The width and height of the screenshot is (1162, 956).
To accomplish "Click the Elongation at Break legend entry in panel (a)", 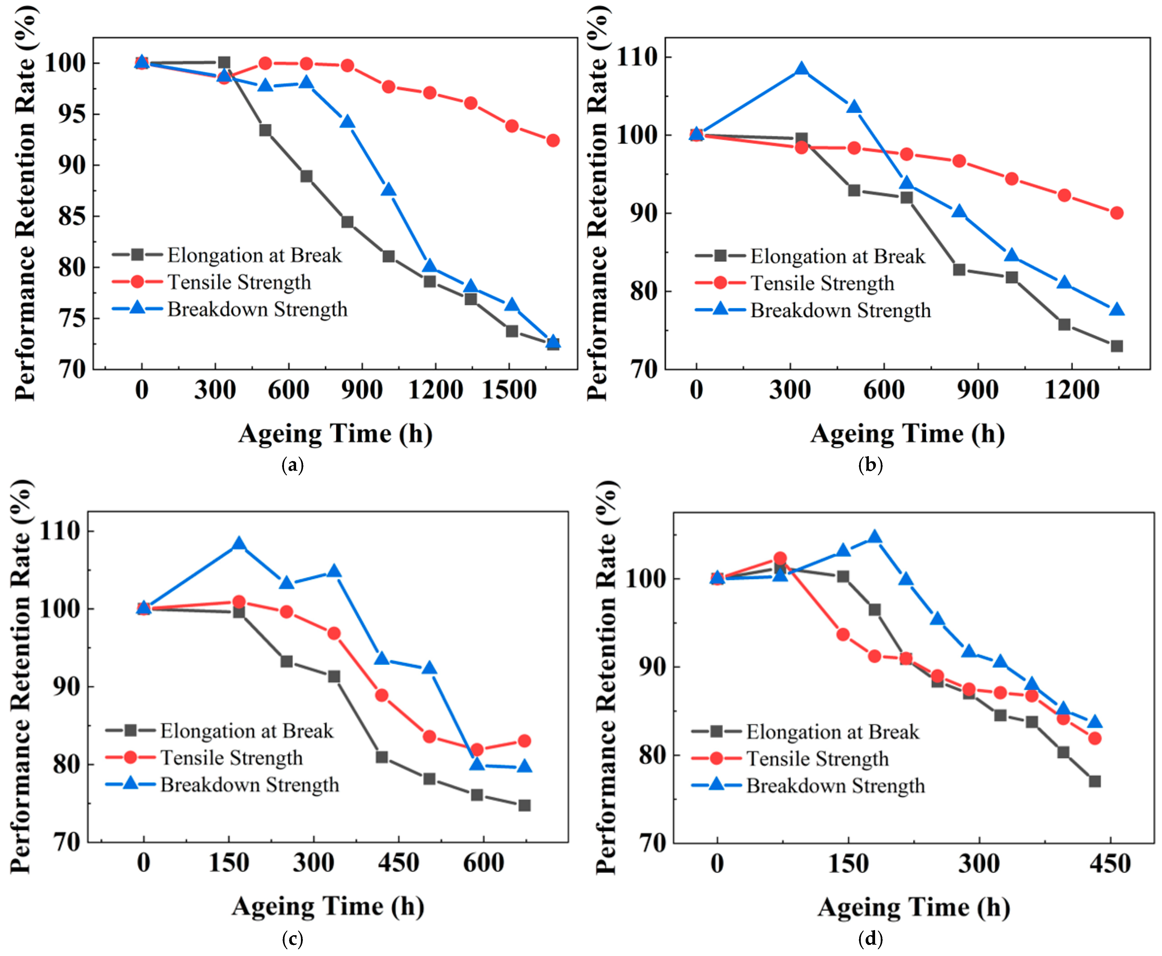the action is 227,255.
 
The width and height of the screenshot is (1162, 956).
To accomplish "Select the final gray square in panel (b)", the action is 1116,346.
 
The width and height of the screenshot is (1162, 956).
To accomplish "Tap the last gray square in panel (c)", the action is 524,805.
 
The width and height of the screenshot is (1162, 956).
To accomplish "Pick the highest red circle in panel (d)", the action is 780,558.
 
